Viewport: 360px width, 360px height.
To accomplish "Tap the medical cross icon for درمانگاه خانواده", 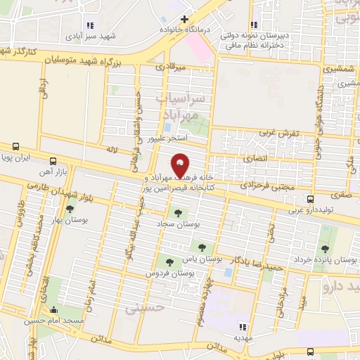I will [x=184, y=19].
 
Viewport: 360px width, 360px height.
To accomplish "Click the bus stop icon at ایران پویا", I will [x=15, y=147].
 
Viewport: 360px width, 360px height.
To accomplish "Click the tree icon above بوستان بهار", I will [x=70, y=208].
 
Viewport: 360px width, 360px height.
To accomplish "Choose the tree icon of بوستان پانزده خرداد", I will [x=324, y=248].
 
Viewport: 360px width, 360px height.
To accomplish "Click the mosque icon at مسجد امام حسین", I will [x=54, y=309].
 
